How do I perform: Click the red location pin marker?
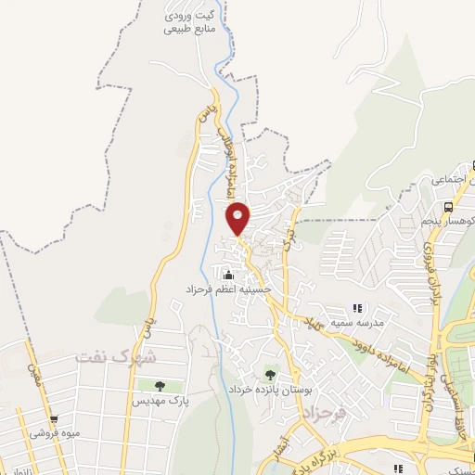point(238,218)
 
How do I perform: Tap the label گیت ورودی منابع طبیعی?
point(189,22)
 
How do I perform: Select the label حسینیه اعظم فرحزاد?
point(230,289)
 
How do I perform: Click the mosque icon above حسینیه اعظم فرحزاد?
point(229,275)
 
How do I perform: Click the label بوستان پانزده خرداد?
point(270,389)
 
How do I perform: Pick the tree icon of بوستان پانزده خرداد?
point(270,375)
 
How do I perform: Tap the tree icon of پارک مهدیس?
point(160,386)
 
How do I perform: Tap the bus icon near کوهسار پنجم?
point(448,207)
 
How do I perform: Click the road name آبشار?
point(279,449)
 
